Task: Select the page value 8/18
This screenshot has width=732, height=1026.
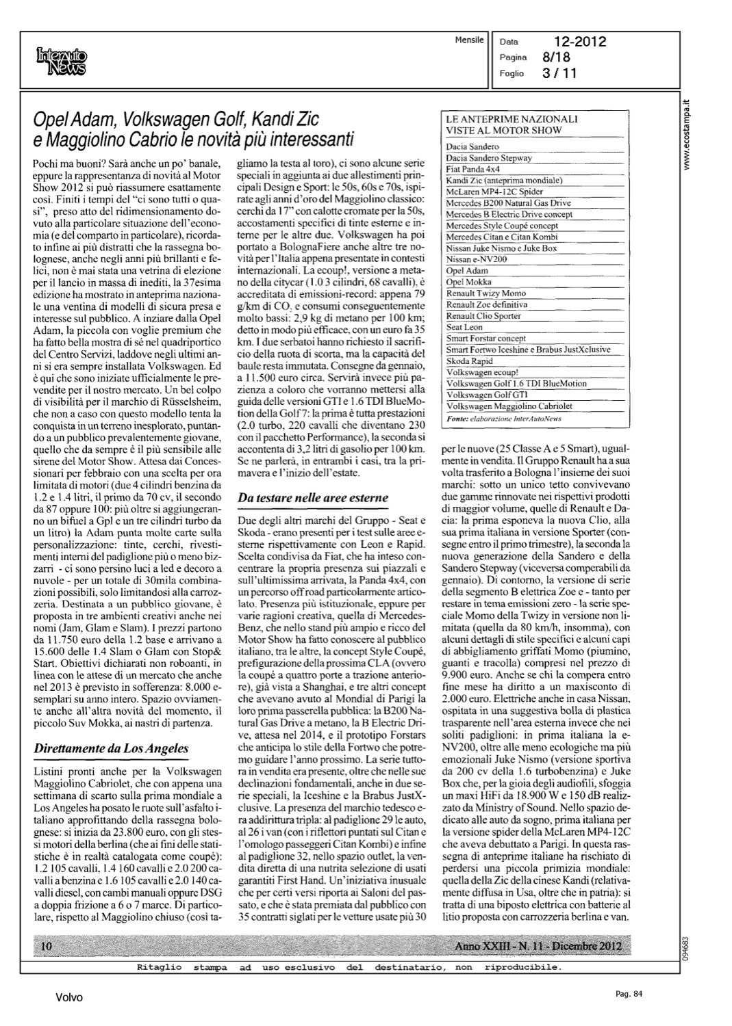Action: point(560,58)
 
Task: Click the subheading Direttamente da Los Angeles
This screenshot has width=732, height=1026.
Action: point(110,749)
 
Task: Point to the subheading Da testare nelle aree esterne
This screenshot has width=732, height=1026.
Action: point(312,497)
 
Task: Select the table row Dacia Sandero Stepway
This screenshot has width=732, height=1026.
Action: point(489,158)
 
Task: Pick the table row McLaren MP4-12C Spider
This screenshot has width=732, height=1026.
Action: point(494,192)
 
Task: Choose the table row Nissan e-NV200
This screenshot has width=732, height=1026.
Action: point(477,259)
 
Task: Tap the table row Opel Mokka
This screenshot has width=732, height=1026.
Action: point(468,282)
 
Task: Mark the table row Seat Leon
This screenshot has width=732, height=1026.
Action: point(465,327)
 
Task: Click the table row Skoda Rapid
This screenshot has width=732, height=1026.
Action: point(469,360)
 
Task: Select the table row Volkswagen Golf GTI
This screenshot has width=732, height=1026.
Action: point(487,395)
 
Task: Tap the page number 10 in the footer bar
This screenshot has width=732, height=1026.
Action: point(47,947)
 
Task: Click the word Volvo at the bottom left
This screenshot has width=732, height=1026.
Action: point(69,998)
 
